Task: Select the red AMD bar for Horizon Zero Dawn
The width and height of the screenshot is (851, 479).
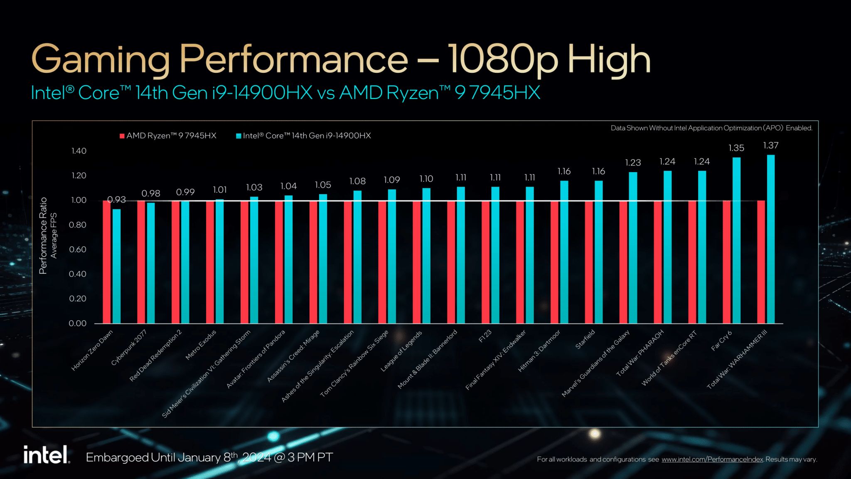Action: [x=107, y=262]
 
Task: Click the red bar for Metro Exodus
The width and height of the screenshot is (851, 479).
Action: [x=210, y=262]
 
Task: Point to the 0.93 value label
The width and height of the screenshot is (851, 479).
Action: [x=116, y=200]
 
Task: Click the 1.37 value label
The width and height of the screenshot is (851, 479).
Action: [x=771, y=146]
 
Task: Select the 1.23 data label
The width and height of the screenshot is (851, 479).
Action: [x=633, y=163]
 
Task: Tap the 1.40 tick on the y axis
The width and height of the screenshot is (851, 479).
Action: [x=79, y=151]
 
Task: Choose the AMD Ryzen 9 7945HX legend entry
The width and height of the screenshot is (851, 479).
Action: [x=168, y=136]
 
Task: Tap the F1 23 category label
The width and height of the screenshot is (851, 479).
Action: [x=485, y=336]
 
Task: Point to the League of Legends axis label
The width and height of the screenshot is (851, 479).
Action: [x=401, y=351]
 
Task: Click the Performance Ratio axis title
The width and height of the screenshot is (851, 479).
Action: [x=43, y=235]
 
